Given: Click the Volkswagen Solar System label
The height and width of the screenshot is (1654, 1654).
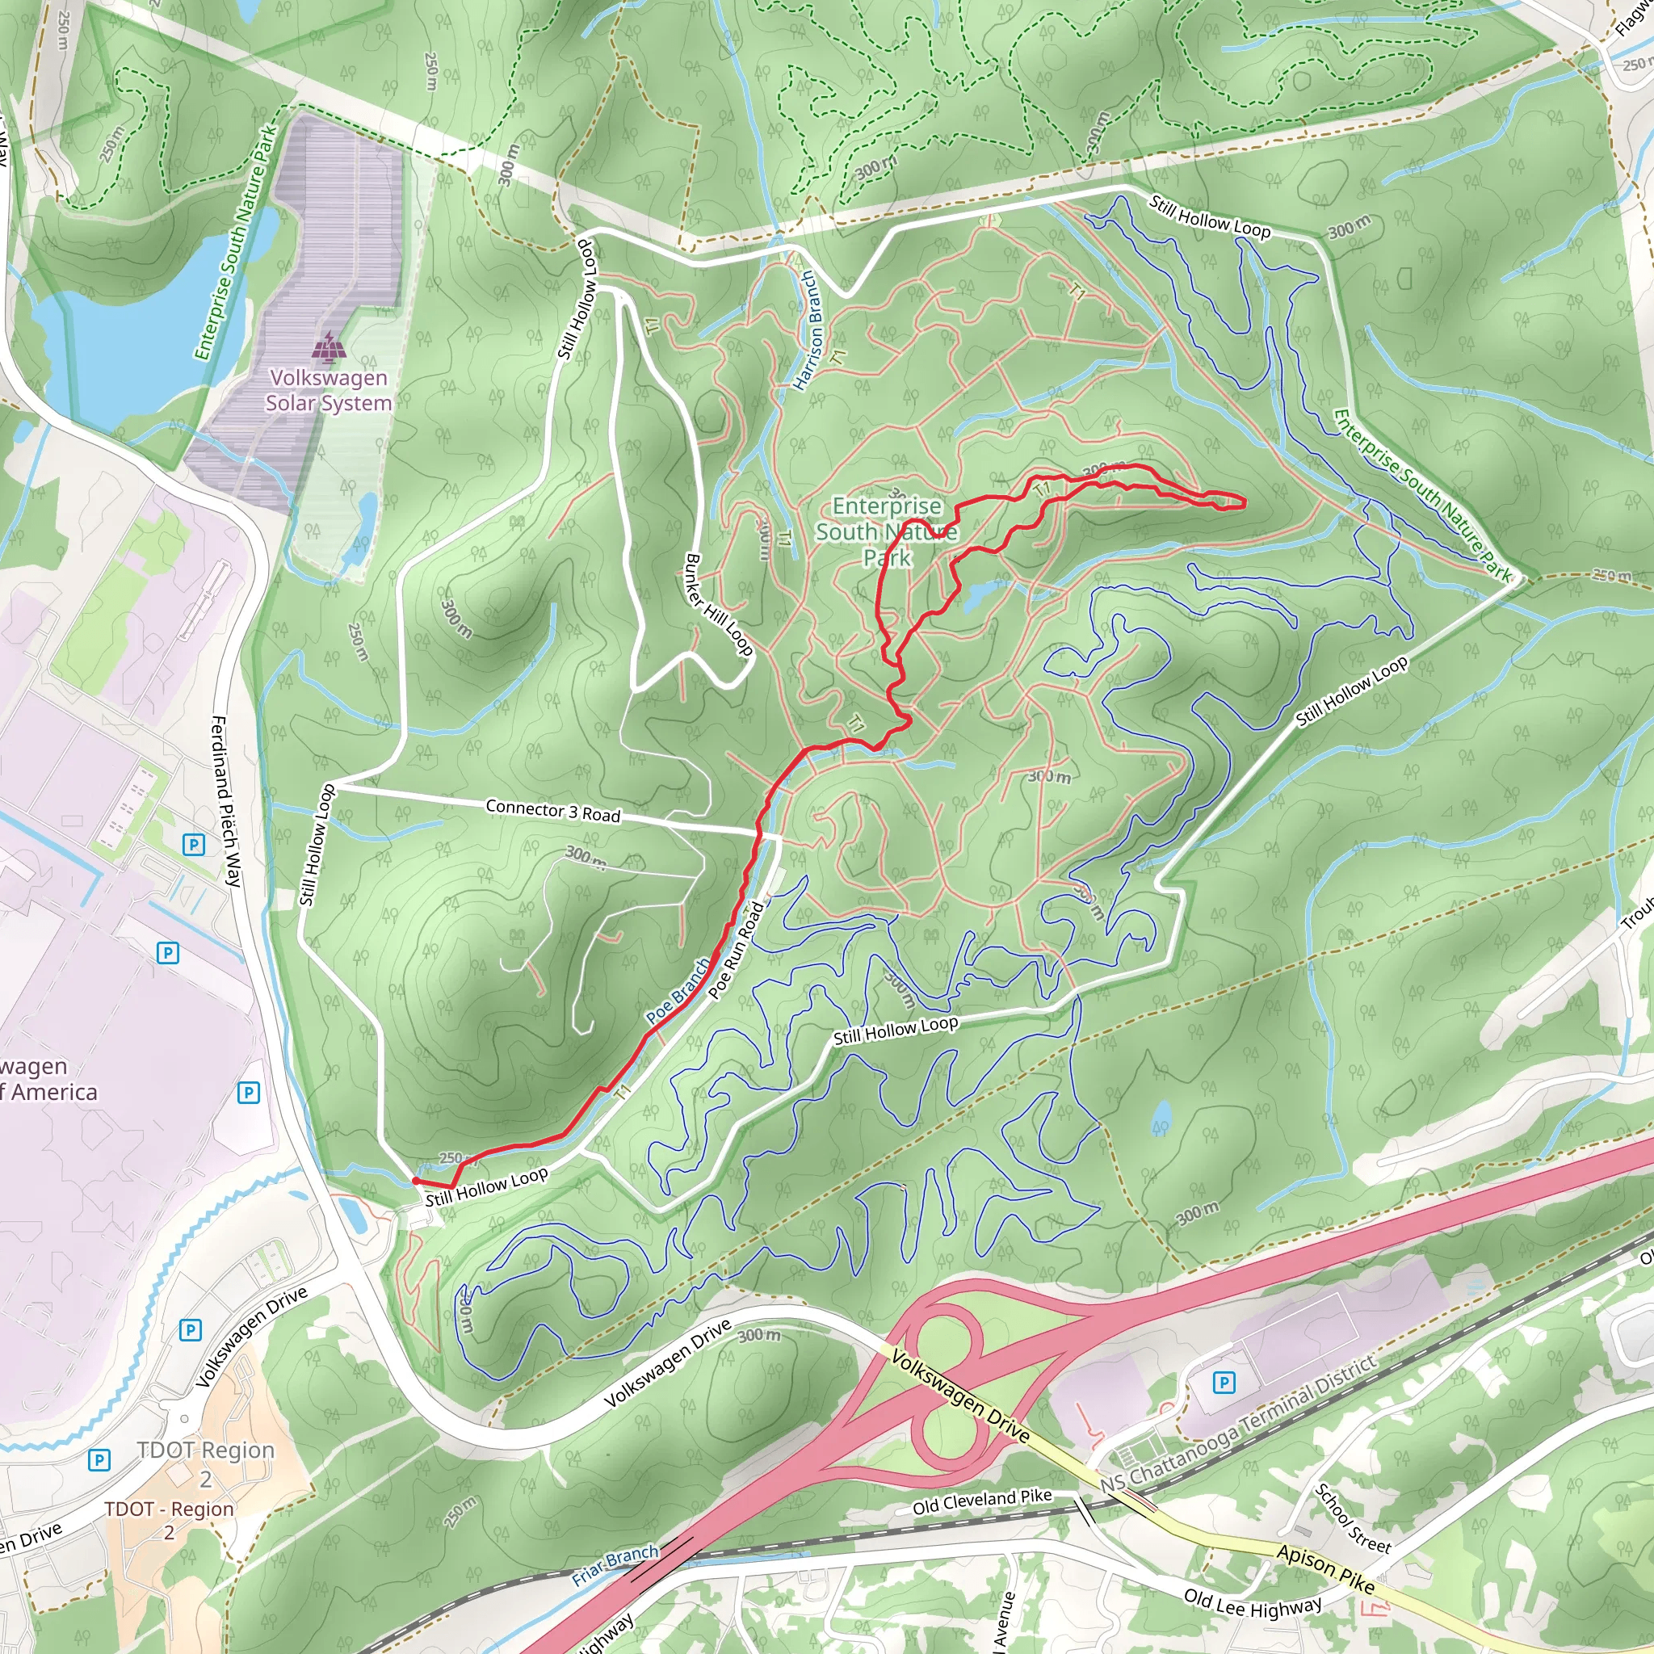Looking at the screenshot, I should (328, 390).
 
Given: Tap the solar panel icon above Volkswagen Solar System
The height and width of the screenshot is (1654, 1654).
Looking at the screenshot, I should (329, 347).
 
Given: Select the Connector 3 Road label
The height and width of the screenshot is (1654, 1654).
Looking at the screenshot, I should (552, 811).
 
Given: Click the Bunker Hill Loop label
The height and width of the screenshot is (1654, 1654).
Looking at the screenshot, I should (718, 605).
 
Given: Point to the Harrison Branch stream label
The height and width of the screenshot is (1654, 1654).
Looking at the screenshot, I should (807, 330).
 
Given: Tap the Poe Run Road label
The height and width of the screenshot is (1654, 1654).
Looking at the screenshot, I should (737, 951).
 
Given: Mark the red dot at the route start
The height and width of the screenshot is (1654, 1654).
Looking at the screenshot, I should (415, 1181).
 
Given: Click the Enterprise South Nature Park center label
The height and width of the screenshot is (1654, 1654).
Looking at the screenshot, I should (886, 531).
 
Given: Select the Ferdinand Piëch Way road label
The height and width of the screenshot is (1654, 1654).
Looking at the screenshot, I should (227, 801).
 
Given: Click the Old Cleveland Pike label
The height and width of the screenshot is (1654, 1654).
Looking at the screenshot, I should (981, 1501).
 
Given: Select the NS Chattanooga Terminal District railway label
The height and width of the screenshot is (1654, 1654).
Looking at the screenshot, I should (1238, 1425).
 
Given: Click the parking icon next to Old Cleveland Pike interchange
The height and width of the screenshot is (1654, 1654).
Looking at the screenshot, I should (1224, 1382).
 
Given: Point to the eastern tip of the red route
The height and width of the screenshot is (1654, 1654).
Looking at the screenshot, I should (1243, 504).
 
